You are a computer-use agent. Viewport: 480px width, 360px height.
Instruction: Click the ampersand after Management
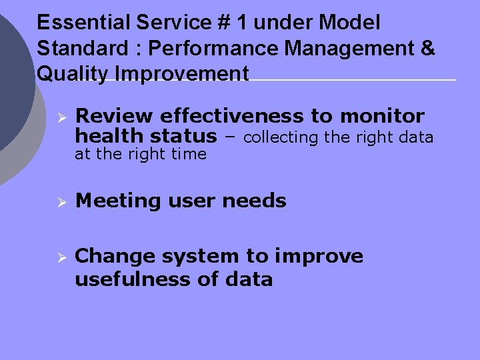click(x=428, y=48)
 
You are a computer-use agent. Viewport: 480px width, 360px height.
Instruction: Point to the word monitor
click(x=382, y=117)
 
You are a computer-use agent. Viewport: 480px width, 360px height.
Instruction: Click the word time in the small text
click(x=189, y=155)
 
